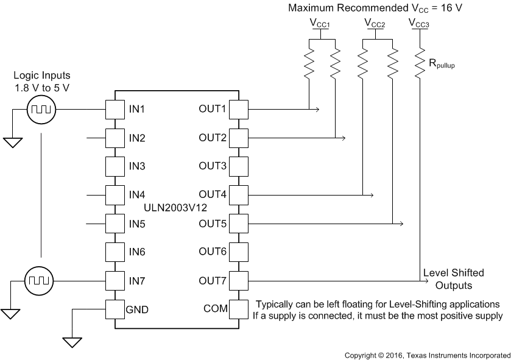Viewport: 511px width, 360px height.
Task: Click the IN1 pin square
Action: pos(115,110)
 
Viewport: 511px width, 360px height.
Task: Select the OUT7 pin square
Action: pos(238,280)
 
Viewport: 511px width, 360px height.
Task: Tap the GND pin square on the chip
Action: pos(115,309)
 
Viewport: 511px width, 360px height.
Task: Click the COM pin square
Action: pos(238,309)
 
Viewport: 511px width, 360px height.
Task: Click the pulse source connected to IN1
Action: pos(41,110)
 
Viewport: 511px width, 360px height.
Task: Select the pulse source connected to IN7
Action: pos(41,281)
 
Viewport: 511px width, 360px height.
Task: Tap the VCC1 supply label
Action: pos(319,23)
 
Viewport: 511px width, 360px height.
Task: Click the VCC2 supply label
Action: pos(375,23)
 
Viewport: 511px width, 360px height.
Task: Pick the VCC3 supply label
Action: pos(419,23)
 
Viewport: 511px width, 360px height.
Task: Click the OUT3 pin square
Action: pos(238,166)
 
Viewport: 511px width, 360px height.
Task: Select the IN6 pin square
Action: pos(115,252)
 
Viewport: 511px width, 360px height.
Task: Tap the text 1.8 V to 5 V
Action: pos(43,88)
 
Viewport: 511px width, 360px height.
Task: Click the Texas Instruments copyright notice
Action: pos(426,355)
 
